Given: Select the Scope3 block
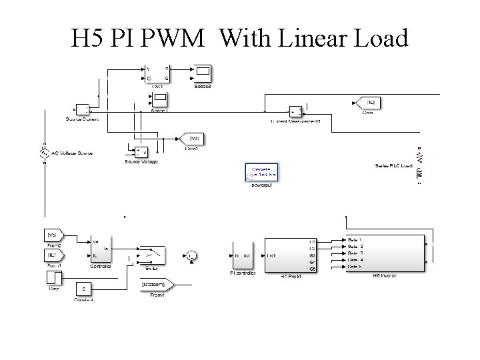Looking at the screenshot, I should (x=202, y=73).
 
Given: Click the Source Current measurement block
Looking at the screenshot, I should (x=82, y=110).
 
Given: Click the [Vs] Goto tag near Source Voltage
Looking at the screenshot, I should (x=193, y=138).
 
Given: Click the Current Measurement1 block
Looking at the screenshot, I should (x=294, y=111).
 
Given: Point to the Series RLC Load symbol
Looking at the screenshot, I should (x=419, y=163).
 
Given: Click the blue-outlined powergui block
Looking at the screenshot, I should (x=261, y=173).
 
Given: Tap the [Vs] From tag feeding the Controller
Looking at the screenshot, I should (x=54, y=235).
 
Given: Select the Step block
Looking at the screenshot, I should (x=53, y=277).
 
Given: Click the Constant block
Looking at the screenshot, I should (x=83, y=288).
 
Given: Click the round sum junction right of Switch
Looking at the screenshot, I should (x=191, y=255).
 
